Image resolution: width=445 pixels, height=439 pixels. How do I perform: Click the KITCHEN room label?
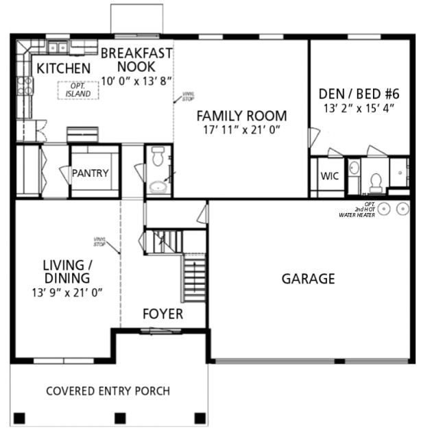tap(63, 68)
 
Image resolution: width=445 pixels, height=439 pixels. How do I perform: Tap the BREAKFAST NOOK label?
tap(136, 60)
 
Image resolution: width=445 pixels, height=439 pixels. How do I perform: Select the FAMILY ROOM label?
tap(241, 116)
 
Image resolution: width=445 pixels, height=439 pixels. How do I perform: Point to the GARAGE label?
tap(308, 279)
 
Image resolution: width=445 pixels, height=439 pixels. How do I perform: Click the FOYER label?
tap(163, 314)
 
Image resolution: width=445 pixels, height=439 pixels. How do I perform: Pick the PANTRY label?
tap(91, 173)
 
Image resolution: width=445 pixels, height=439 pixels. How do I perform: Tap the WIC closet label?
tap(329, 175)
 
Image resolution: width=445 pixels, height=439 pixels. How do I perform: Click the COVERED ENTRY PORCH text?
tap(108, 391)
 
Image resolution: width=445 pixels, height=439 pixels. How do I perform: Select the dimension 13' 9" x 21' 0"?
tap(67, 293)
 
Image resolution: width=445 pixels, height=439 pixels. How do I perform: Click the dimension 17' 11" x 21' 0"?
tap(241, 130)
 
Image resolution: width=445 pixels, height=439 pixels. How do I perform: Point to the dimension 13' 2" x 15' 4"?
tap(359, 108)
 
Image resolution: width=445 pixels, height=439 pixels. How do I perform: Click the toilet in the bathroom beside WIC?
tap(375, 182)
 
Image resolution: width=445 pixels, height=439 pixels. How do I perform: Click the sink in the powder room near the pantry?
tap(158, 184)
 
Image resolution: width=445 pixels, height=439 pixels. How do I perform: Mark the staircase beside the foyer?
tap(194, 277)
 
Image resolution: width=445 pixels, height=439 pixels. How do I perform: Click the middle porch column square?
tap(120, 418)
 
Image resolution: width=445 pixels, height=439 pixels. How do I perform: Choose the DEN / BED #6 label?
tap(358, 95)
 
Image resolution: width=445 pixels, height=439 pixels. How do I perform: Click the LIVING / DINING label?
tap(66, 272)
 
